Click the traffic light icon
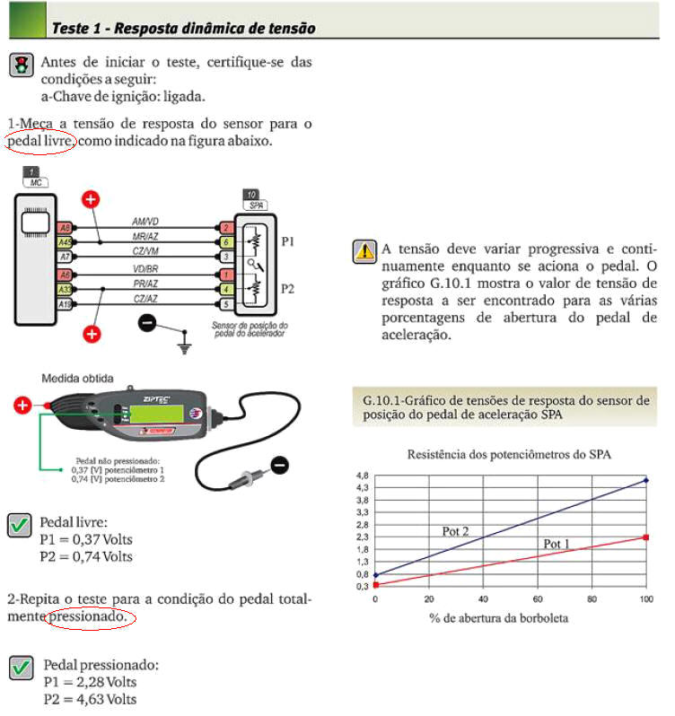tap(21, 65)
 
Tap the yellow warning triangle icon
tap(365, 251)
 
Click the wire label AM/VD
tap(146, 220)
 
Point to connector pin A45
tap(65, 241)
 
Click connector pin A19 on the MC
tap(65, 305)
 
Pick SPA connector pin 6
tap(226, 242)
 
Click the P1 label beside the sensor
tap(289, 242)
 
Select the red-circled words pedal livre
tap(40, 141)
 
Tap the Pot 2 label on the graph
tap(455, 531)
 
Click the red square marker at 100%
tap(645, 537)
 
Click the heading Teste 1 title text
tap(183, 28)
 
